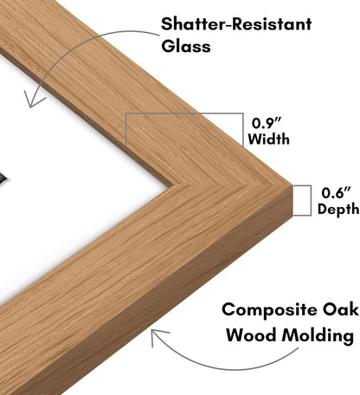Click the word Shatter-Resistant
236,23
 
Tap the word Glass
186,46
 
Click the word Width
268,139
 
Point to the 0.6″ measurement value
336,192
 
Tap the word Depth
338,209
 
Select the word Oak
340,309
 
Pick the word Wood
250,335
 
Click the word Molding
318,336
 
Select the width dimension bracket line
184,113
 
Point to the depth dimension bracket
311,200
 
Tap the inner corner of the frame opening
172,185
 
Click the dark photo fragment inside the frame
4,177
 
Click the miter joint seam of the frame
231,185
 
